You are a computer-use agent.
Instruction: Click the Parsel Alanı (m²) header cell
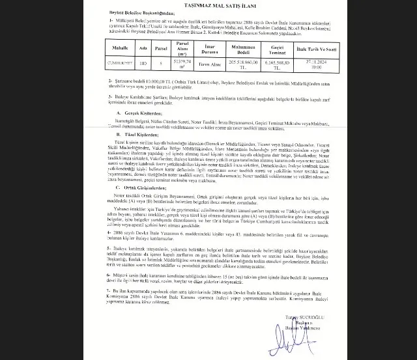click(x=182, y=47)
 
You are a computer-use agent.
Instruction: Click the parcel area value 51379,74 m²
click(x=182, y=62)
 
